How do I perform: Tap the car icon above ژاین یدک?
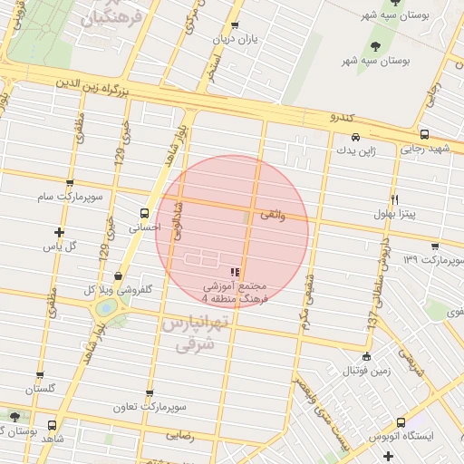(355, 138)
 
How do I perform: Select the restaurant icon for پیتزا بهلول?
(394, 199)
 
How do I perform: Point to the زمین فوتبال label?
(366, 372)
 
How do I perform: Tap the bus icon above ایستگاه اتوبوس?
(401, 423)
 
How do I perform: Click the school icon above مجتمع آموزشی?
(235, 271)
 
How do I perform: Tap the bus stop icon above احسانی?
(144, 213)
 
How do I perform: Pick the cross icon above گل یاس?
(60, 232)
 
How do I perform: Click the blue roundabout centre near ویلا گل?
(107, 308)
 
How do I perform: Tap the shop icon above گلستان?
(39, 374)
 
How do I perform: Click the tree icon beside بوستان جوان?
(14, 418)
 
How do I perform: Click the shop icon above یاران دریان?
(235, 26)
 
